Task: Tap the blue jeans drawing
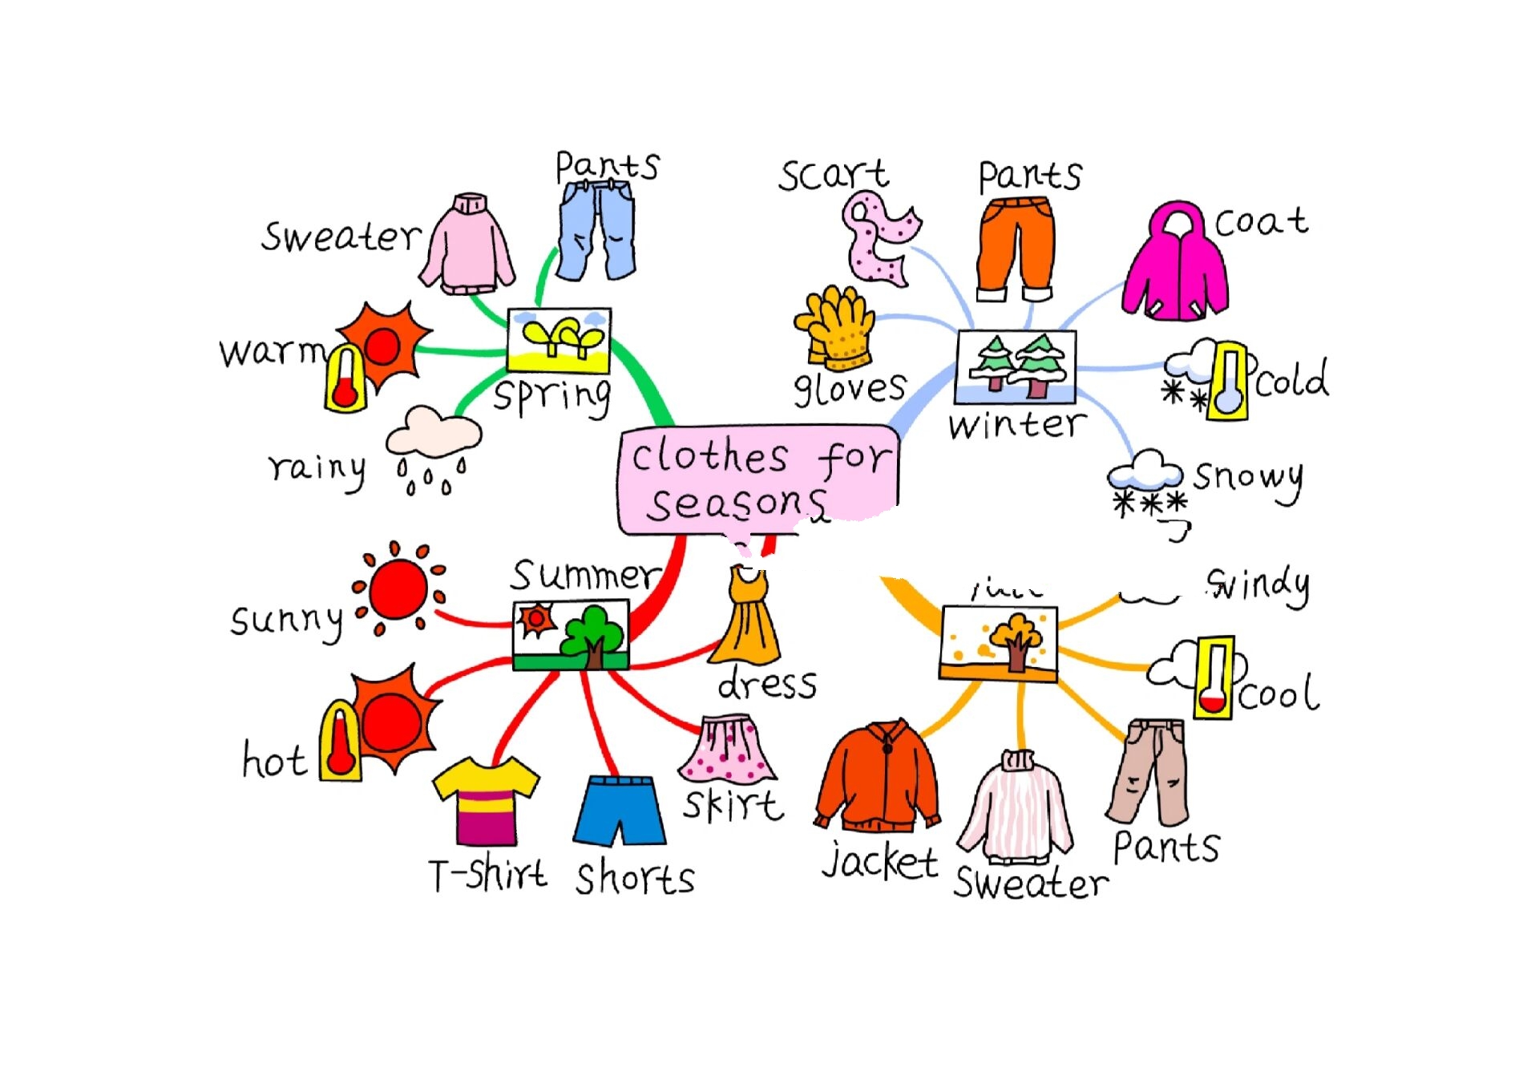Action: [x=596, y=229]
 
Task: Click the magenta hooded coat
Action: [x=1175, y=265]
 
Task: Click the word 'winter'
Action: [x=1016, y=425]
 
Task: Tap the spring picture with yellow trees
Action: [x=559, y=341]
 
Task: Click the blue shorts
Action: [x=620, y=810]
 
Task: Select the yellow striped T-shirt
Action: [x=486, y=800]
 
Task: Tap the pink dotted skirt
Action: [x=728, y=750]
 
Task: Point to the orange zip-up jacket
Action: [x=878, y=778]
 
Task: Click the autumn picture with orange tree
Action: [x=999, y=644]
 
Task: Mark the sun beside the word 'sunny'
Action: [x=398, y=589]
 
